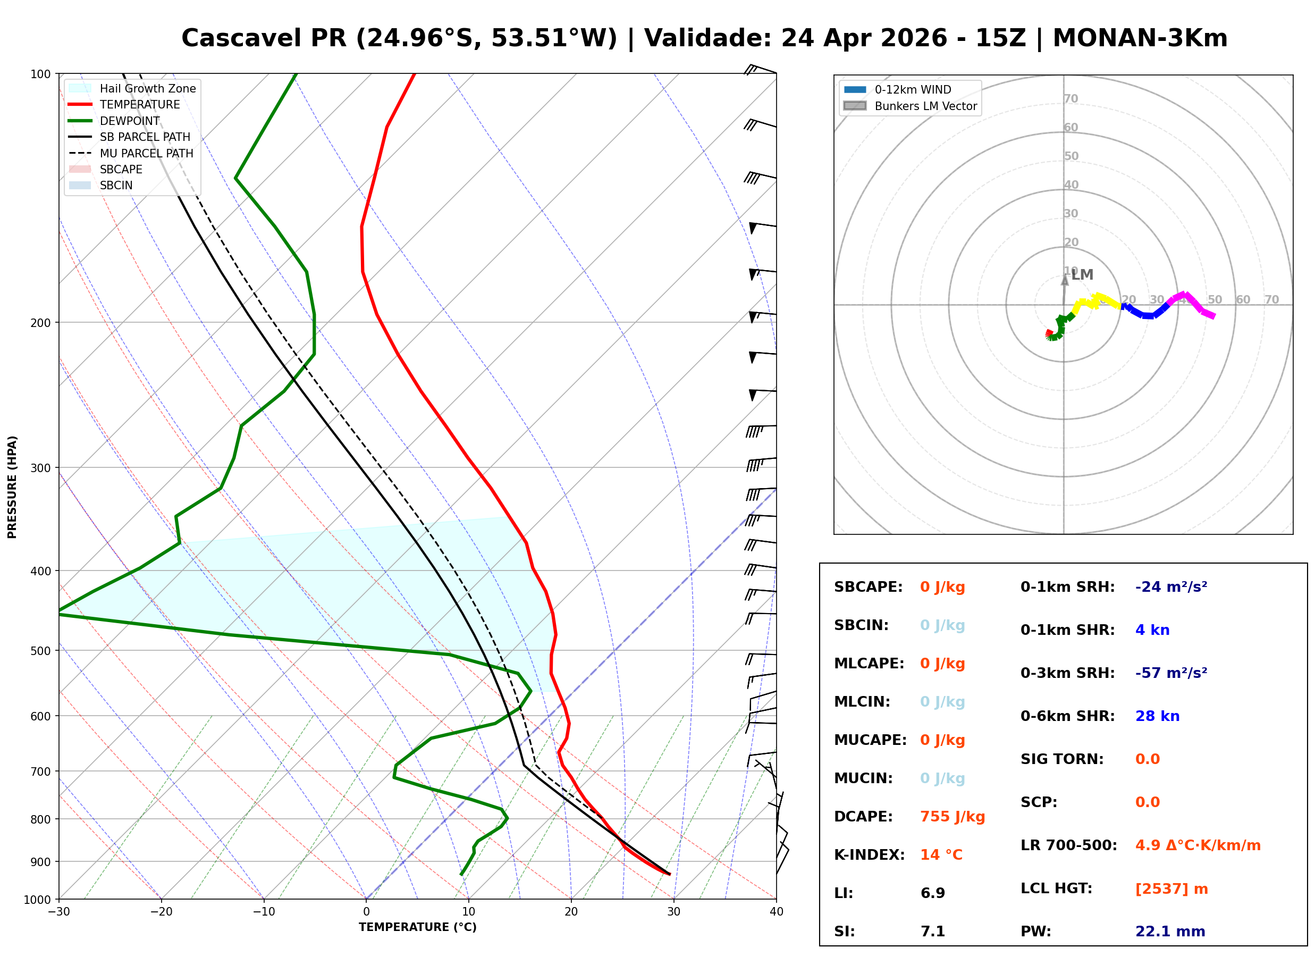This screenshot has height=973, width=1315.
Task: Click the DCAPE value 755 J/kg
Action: click(x=952, y=816)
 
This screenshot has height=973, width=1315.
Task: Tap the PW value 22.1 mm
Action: click(x=1169, y=931)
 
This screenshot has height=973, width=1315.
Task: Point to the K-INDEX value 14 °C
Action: click(x=941, y=854)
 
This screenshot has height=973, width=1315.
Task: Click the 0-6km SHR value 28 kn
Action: click(x=1157, y=716)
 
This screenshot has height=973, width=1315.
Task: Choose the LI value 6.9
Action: click(x=932, y=893)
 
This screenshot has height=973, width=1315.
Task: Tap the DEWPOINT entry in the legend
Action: click(x=130, y=121)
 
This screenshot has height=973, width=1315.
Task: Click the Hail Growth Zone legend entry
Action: click(x=147, y=88)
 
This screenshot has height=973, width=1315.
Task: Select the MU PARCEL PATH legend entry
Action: click(x=146, y=153)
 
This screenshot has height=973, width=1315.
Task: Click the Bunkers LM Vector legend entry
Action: click(x=925, y=106)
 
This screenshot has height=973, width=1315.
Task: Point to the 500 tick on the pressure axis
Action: click(x=40, y=651)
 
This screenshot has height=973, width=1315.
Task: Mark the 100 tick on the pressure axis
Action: click(x=40, y=73)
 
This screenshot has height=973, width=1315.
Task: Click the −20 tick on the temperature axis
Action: click(x=161, y=912)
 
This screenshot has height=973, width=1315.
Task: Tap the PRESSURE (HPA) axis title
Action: click(x=12, y=486)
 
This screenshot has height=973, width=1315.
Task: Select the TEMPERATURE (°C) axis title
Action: click(x=417, y=927)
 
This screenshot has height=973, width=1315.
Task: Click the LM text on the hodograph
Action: click(x=1082, y=274)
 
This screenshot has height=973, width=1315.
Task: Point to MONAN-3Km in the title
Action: click(x=1140, y=38)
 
